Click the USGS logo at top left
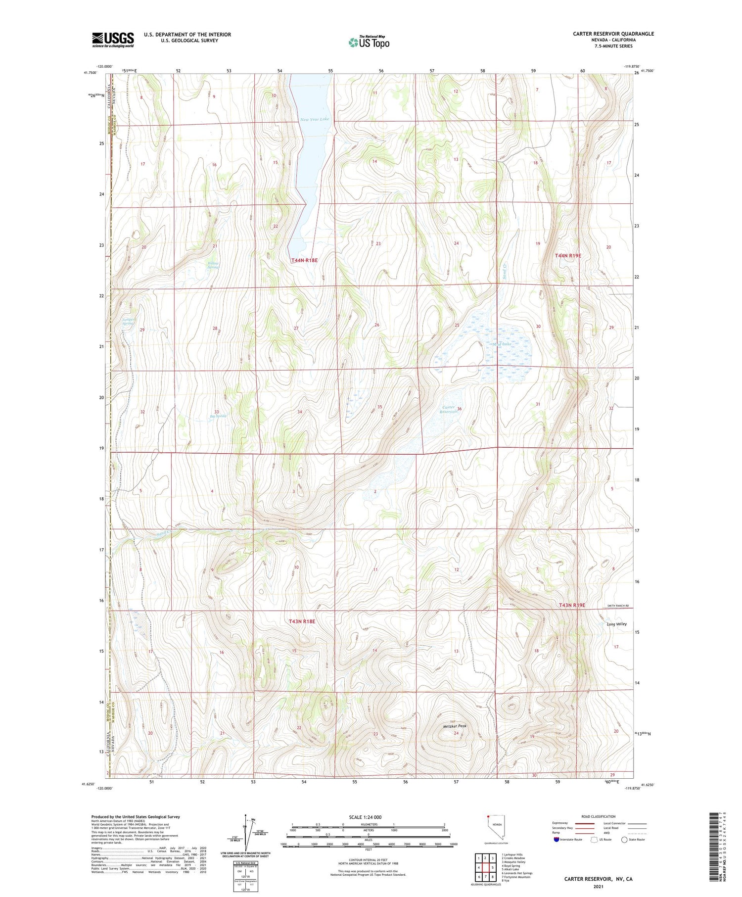(x=113, y=40)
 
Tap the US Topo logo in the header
(x=369, y=42)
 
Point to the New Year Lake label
(x=315, y=119)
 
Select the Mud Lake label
(x=502, y=344)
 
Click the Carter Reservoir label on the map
(x=448, y=409)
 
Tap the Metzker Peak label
(x=455, y=726)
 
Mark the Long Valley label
(x=616, y=624)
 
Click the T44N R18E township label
(x=304, y=260)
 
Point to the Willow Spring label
(x=213, y=265)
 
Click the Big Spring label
(x=218, y=416)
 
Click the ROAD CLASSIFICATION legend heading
(x=598, y=816)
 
